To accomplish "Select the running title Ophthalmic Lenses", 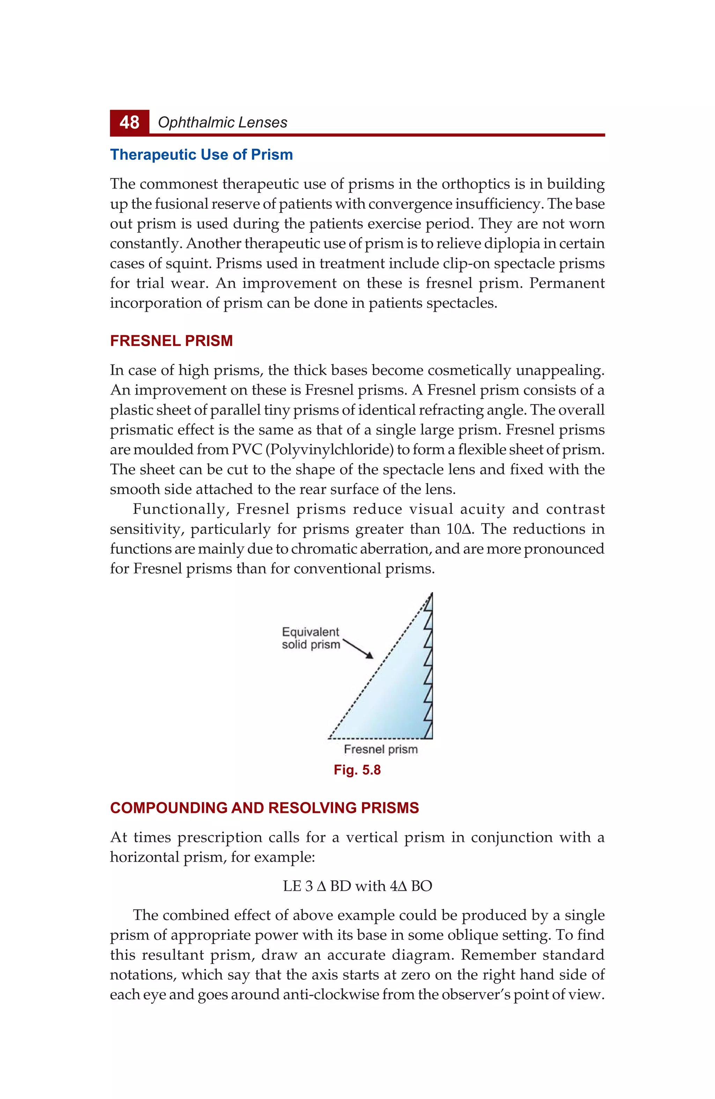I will tap(222, 122).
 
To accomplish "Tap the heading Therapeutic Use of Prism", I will tap(201, 155).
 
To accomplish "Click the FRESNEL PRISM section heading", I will tap(171, 341).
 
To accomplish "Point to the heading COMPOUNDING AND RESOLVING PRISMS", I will tap(264, 808).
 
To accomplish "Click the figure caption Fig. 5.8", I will tap(357, 770).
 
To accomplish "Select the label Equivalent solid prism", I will tap(311, 638).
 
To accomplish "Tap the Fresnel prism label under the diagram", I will tap(381, 749).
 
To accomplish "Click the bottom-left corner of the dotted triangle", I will tap(329, 738).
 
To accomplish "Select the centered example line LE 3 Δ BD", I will tap(357, 886).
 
